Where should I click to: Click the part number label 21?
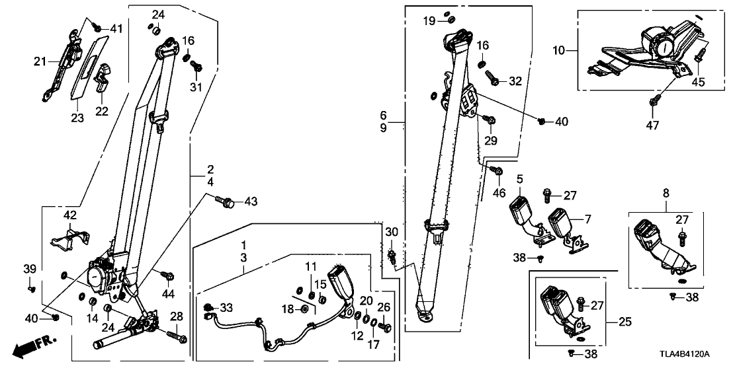[x=39, y=61]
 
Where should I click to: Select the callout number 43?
[x=251, y=200]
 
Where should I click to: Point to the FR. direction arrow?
[x=34, y=344]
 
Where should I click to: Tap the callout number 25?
[x=625, y=322]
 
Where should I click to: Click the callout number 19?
[x=429, y=21]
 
